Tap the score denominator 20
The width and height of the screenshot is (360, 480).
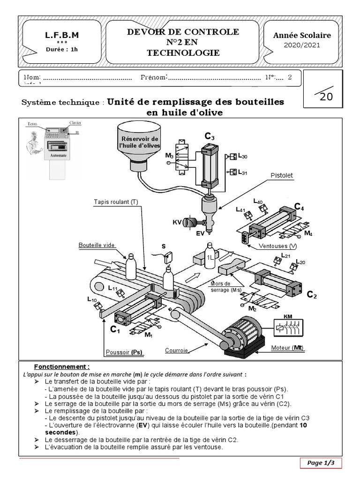point(326,97)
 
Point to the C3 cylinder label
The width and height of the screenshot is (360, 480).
point(210,137)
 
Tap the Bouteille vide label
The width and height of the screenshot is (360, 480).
point(97,245)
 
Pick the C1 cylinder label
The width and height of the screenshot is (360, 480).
point(115,330)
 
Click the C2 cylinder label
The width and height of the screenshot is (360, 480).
point(312,295)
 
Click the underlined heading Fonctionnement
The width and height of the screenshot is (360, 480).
point(62,367)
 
